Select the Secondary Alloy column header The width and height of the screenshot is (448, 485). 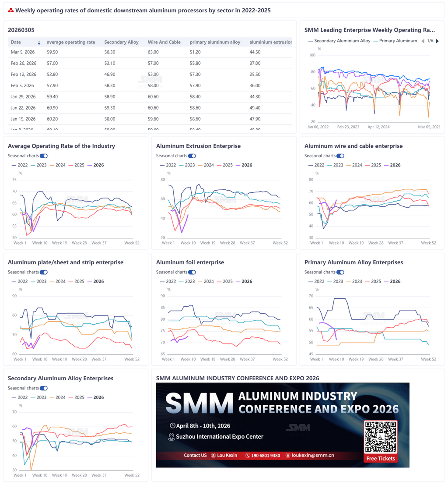click(121, 42)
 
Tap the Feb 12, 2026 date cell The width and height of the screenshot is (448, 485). click(23, 74)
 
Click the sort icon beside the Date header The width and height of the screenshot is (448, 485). click(39, 42)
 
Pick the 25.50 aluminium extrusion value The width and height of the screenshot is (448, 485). click(255, 74)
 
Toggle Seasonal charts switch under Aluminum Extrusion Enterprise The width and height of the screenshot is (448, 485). click(192, 156)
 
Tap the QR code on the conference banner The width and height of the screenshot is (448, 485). click(380, 437)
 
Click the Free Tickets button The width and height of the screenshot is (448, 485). click(380, 458)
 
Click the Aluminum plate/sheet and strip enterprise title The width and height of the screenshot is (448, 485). click(66, 262)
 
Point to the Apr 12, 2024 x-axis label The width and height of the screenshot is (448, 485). click(379, 127)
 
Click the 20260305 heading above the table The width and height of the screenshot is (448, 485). click(21, 30)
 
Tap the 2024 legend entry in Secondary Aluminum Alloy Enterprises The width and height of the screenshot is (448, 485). click(57, 397)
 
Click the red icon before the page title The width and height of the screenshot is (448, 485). click(11, 10)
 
